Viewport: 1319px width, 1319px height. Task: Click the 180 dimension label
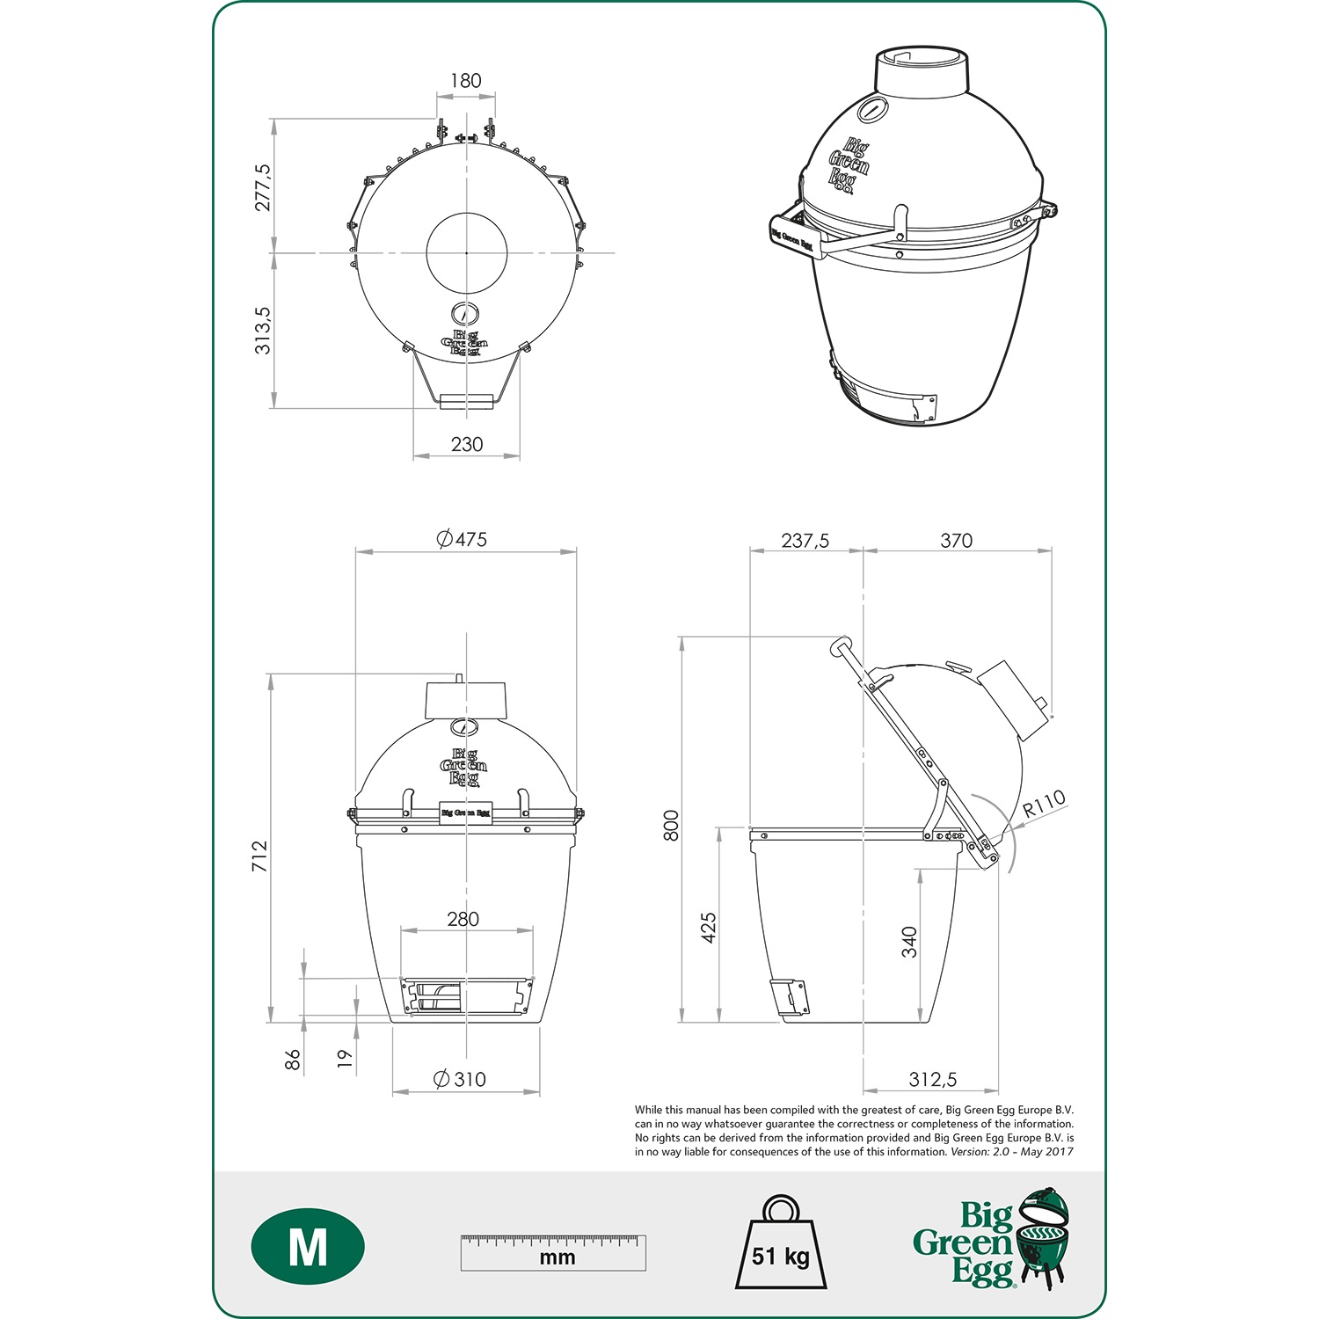click(x=465, y=81)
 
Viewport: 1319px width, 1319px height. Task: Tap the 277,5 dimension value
click(x=263, y=186)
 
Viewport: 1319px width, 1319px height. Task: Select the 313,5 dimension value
click(x=263, y=331)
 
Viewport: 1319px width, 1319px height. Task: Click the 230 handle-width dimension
click(x=467, y=444)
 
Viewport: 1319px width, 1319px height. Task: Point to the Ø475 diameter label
click(x=463, y=539)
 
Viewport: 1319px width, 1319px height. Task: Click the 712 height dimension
click(x=259, y=856)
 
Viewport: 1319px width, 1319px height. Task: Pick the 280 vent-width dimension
click(x=463, y=919)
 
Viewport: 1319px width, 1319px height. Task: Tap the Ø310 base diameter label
click(x=460, y=1079)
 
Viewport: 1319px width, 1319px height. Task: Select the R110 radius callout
click(x=1044, y=803)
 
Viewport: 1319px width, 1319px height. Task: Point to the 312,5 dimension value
click(x=932, y=1079)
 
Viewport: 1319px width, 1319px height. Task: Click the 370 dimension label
click(x=956, y=541)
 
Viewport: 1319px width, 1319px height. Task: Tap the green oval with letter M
click(x=308, y=1246)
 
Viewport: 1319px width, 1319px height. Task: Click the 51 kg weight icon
click(x=780, y=1246)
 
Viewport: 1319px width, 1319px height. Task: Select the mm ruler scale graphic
click(x=553, y=1252)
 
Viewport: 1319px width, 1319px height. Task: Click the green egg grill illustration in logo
click(x=1044, y=1235)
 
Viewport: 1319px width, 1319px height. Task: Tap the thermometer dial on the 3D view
click(x=872, y=110)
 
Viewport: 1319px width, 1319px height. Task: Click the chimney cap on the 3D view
click(x=921, y=67)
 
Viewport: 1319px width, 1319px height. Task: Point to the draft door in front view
click(x=467, y=996)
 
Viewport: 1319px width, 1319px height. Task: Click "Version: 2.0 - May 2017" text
click(x=1011, y=1152)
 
